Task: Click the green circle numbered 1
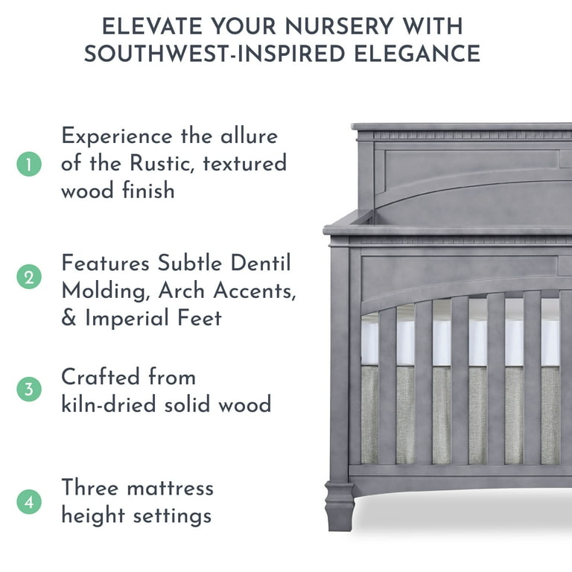pos(29,164)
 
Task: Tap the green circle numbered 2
pos(29,278)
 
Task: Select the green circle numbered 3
pos(29,390)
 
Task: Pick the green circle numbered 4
pos(29,502)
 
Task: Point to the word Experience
pos(117,137)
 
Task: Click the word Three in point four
pos(89,488)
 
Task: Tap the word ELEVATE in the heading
pos(151,26)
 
